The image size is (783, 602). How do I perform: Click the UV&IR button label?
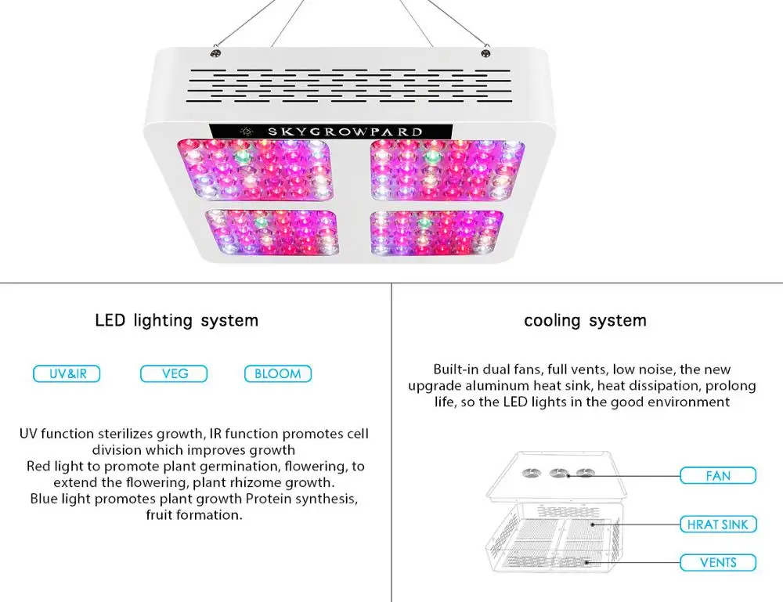pos(67,374)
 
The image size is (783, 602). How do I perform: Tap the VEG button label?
pos(174,374)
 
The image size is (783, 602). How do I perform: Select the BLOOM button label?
pos(277,374)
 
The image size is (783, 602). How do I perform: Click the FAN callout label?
pos(717,475)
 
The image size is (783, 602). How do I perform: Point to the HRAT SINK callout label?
pos(717,524)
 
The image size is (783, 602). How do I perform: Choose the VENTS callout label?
pos(717,562)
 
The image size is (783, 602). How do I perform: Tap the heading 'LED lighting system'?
pos(176,320)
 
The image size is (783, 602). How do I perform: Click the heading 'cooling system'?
pos(585,320)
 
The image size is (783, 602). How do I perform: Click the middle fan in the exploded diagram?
pos(558,472)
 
